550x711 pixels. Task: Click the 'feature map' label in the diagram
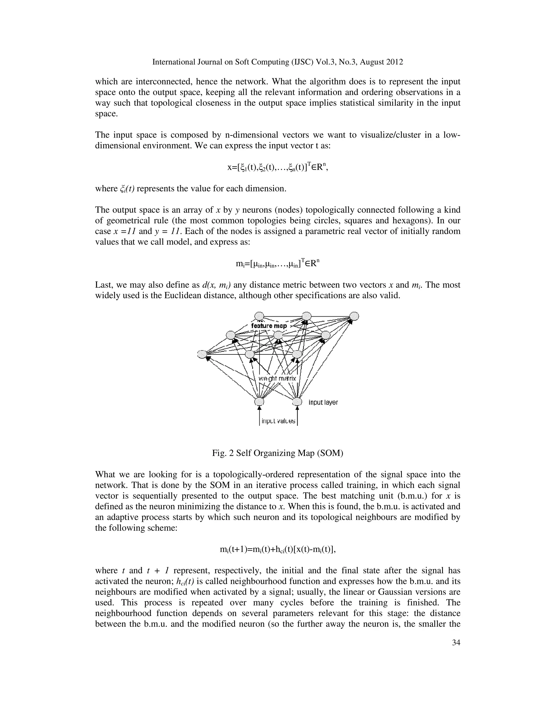point(269,326)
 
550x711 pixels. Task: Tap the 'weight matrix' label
point(277,379)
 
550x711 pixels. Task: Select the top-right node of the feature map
point(354,316)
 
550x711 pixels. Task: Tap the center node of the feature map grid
point(278,335)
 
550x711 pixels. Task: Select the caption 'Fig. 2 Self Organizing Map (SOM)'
point(277,453)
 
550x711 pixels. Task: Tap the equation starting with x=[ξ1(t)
point(277,167)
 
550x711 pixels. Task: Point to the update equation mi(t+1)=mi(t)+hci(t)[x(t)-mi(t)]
point(277,549)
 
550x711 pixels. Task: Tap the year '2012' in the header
point(395,62)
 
